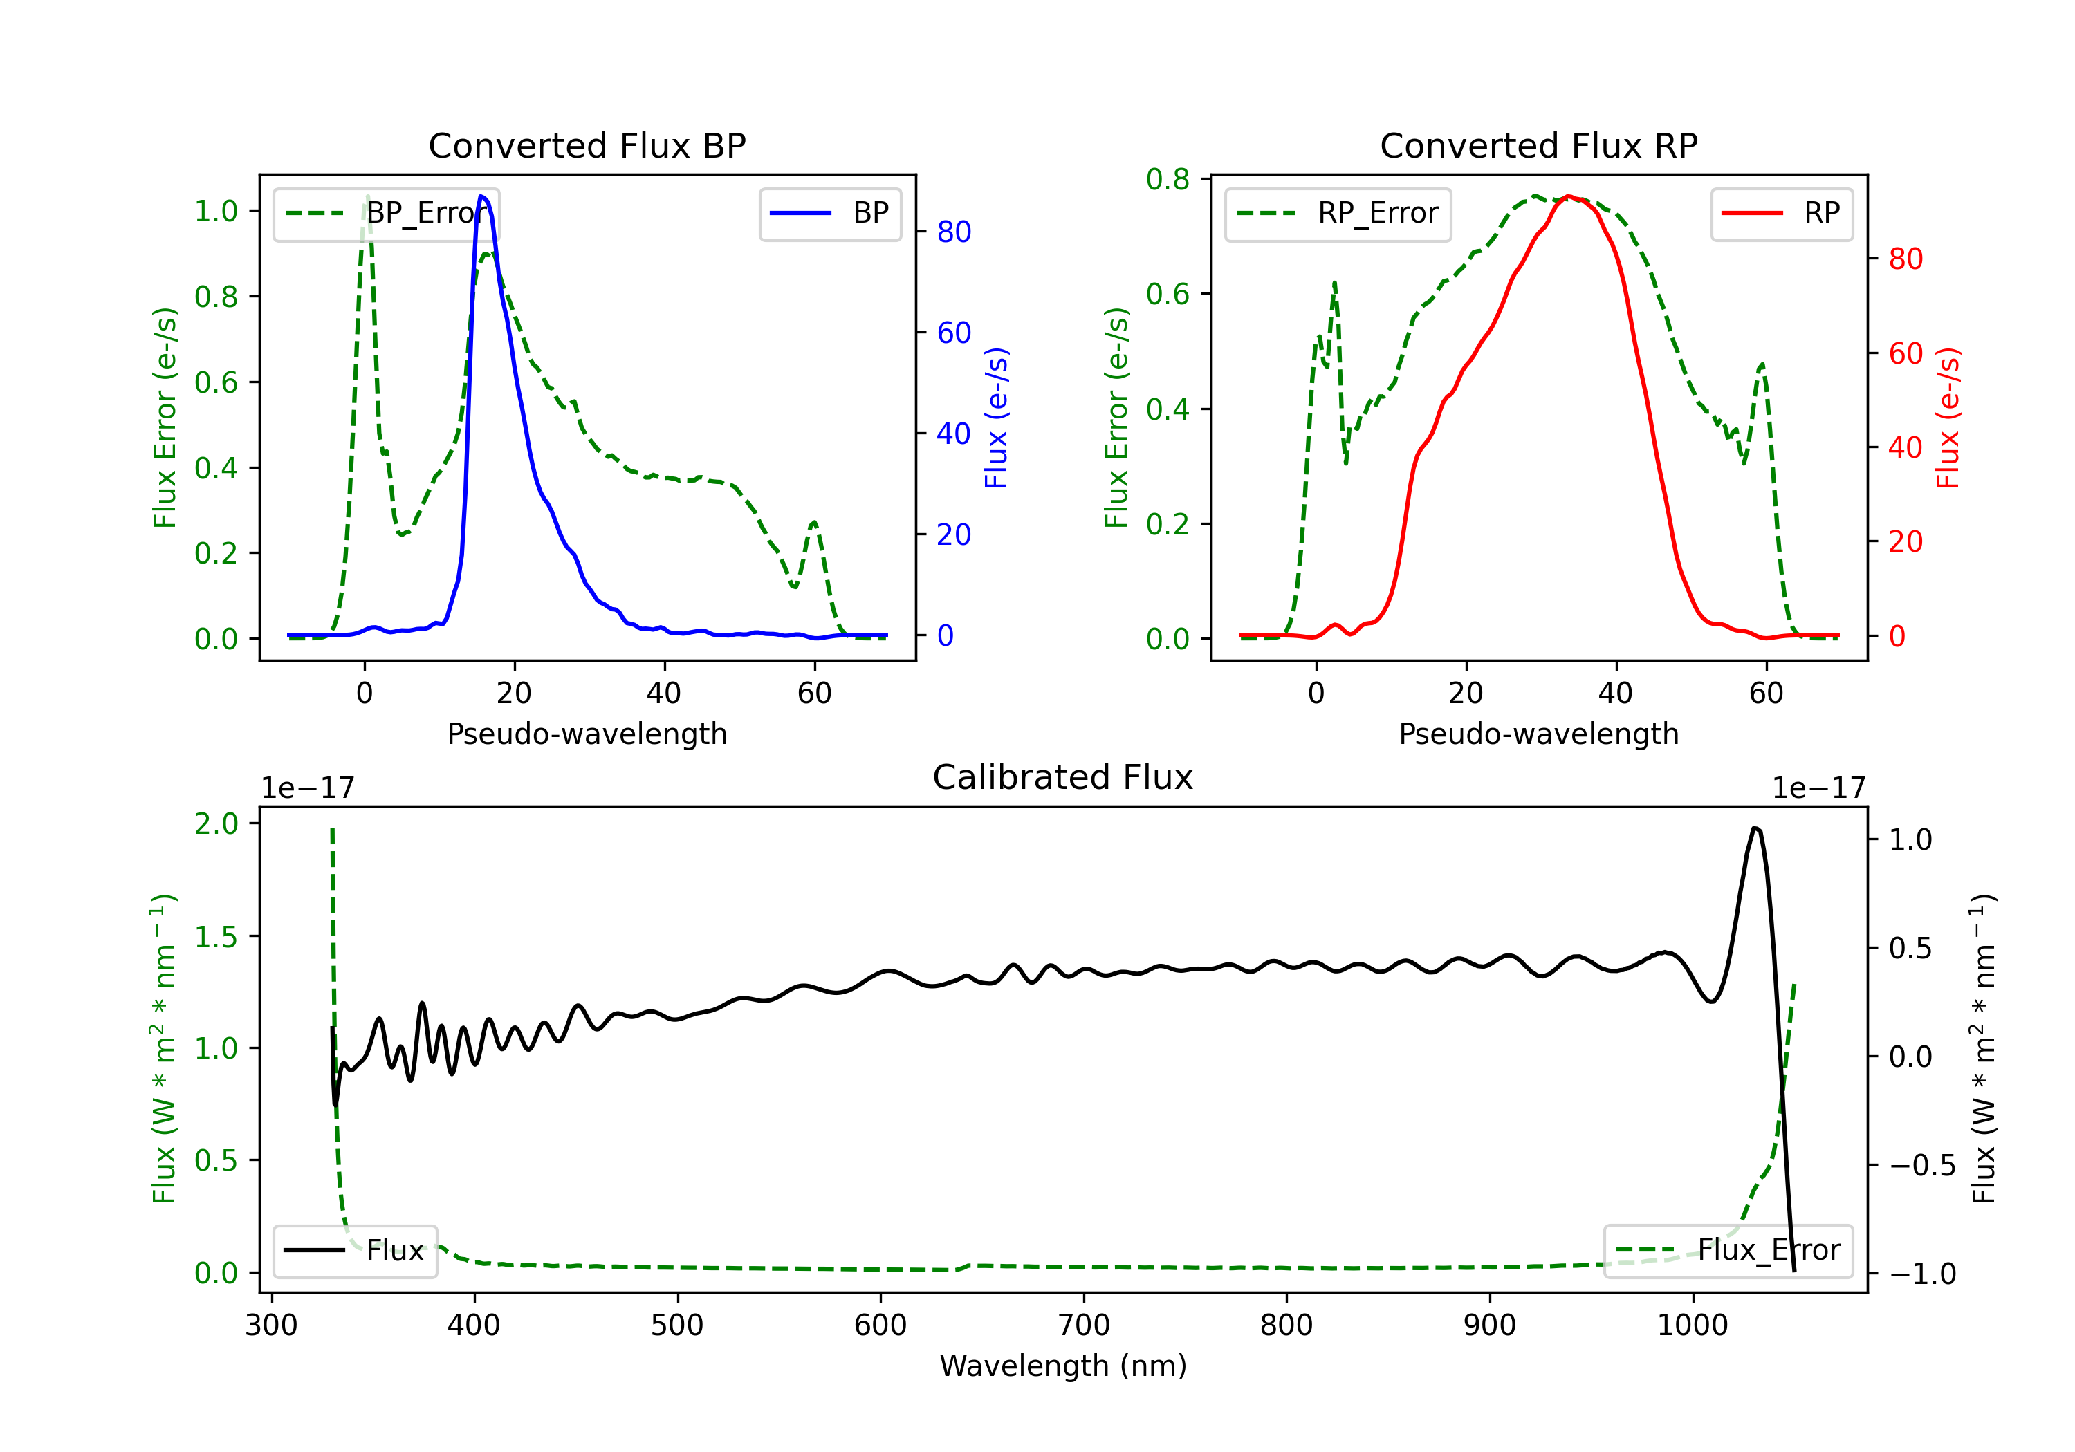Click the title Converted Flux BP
click(x=587, y=145)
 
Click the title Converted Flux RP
click(x=1538, y=145)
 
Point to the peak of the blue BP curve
click(x=481, y=196)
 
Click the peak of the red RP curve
click(x=1569, y=196)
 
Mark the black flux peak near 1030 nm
click(x=1754, y=828)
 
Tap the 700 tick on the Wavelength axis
click(x=1084, y=1325)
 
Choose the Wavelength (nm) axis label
click(x=1063, y=1366)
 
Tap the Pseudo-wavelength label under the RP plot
click(x=1538, y=734)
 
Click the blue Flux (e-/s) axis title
click(x=995, y=418)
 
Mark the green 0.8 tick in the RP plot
click(x=1168, y=180)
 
